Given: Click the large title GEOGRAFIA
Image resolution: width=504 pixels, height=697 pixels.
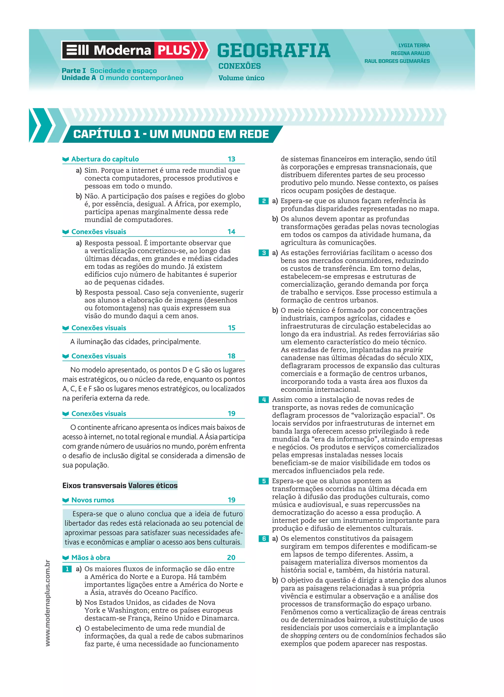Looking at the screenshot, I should tap(274, 51).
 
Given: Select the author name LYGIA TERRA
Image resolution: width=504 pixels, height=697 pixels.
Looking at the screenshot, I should tap(414, 45).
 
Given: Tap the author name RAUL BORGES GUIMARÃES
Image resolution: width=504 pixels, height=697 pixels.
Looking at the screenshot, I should tap(397, 61).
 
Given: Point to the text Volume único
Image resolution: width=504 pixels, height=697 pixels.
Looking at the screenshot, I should tap(241, 78).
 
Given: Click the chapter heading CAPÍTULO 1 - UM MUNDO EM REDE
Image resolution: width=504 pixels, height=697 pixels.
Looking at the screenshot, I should tap(171, 134).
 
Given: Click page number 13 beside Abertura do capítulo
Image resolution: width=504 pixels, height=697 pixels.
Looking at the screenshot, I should tap(231, 159).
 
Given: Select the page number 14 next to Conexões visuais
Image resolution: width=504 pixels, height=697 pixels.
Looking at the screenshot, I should tap(231, 232).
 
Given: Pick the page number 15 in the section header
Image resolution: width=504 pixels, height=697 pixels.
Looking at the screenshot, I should tap(231, 328).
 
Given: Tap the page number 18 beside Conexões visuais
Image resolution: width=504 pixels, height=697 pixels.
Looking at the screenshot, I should tap(231, 356).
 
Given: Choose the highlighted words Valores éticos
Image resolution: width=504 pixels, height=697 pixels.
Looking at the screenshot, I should tap(153, 486).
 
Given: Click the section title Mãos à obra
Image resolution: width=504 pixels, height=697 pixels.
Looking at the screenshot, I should tap(91, 557).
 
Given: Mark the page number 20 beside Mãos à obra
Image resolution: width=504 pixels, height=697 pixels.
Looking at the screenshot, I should tap(231, 557).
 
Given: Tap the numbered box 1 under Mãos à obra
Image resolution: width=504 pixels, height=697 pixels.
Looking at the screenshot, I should tap(67, 569).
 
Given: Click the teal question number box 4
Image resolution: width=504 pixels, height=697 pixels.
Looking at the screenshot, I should tap(264, 400).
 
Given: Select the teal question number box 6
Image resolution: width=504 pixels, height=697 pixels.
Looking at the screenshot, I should tap(264, 539).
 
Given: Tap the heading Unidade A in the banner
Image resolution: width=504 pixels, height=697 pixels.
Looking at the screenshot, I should tap(79, 78).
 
